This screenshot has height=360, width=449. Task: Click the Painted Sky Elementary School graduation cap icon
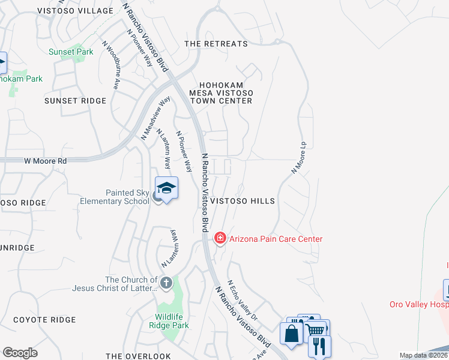click(167, 188)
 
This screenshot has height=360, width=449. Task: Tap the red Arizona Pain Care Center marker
click(220, 239)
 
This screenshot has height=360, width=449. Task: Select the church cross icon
click(166, 282)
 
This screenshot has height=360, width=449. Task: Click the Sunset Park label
click(71, 52)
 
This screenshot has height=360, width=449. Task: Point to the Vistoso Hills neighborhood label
click(242, 201)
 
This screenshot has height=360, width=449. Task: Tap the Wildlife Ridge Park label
click(164, 321)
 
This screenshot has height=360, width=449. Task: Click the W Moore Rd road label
click(45, 161)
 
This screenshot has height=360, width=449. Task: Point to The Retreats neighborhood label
click(216, 44)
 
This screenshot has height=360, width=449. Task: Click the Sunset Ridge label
click(75, 101)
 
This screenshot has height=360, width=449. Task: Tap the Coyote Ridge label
click(44, 320)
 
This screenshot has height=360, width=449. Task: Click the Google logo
click(20, 353)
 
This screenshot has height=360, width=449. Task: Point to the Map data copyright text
click(424, 355)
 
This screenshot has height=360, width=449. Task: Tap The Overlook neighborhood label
click(139, 356)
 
